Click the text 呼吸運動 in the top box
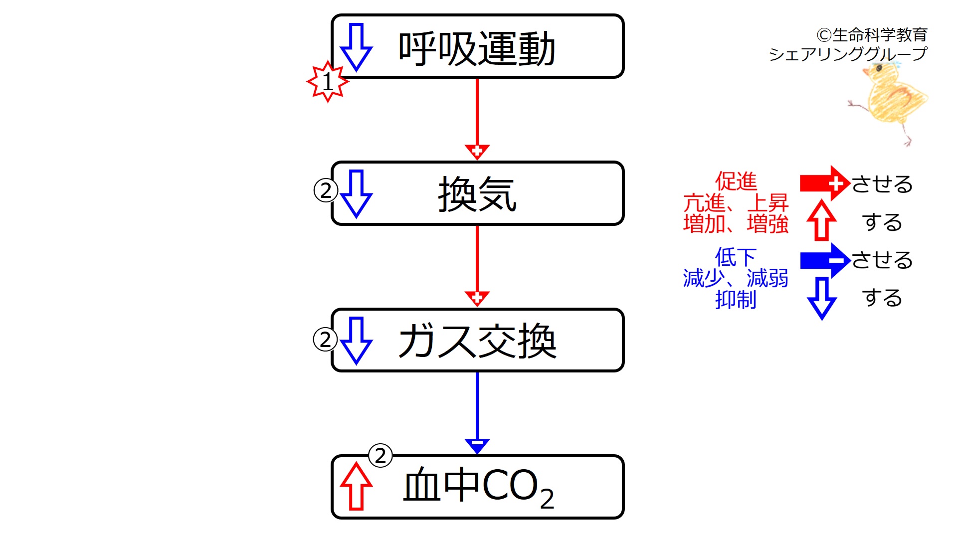(476, 48)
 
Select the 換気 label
(477, 194)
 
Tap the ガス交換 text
(477, 341)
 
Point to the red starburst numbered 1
(327, 82)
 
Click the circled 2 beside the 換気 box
(326, 190)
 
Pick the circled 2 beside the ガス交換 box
(325, 340)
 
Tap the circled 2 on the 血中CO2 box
(380, 456)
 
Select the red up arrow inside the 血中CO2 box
(356, 486)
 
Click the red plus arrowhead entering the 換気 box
(477, 151)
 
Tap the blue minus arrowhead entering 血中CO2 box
(477, 445)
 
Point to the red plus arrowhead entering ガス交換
(477, 298)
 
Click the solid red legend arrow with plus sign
(824, 183)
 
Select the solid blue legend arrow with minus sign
(824, 260)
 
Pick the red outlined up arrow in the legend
(821, 220)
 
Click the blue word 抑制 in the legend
(736, 300)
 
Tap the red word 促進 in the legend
(736, 181)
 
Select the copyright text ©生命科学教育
(872, 35)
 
